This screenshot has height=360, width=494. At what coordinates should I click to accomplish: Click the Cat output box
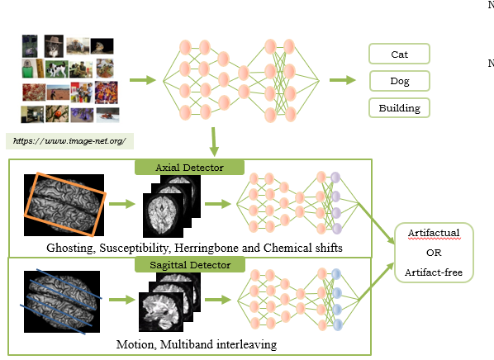click(x=399, y=54)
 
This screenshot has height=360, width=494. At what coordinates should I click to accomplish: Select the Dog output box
click(x=400, y=81)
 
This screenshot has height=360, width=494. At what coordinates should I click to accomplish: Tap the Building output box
click(x=399, y=108)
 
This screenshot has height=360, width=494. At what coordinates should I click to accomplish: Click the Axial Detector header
click(x=189, y=168)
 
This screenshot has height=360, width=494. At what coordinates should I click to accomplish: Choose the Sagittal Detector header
click(x=190, y=264)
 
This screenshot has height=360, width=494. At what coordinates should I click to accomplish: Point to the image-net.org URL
click(x=69, y=141)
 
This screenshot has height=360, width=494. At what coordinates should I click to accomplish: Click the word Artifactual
click(x=434, y=233)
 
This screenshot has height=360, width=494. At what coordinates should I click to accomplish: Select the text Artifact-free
click(x=434, y=272)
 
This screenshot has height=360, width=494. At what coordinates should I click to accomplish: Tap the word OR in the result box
click(x=434, y=253)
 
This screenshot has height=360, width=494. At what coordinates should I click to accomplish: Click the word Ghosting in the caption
click(x=71, y=249)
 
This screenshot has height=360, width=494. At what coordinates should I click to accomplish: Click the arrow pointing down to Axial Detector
click(x=214, y=142)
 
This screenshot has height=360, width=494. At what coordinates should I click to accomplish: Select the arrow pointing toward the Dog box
click(x=343, y=80)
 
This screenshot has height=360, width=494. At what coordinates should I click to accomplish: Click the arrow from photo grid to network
click(x=143, y=80)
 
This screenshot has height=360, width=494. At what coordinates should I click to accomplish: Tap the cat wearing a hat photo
click(x=54, y=46)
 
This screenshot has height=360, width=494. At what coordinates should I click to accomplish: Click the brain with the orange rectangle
click(x=64, y=205)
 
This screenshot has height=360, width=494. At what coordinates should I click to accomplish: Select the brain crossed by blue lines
click(x=62, y=301)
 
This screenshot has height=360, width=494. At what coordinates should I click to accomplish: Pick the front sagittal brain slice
click(x=161, y=312)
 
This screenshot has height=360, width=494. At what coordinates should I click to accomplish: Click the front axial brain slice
click(x=163, y=216)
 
